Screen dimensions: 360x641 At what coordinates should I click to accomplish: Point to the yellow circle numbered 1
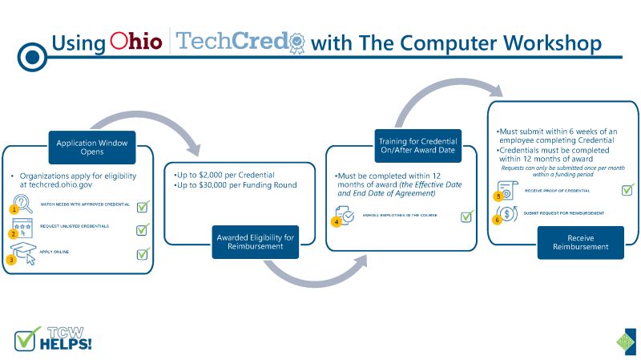coord(14,209)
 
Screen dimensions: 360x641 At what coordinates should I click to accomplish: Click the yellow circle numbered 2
coord(14,234)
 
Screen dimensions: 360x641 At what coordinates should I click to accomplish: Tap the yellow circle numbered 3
coord(11,259)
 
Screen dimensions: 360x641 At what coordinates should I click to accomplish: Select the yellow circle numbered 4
coord(337,221)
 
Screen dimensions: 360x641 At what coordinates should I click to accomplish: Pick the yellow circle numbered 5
coord(498,196)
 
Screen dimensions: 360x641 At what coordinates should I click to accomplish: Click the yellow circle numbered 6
coord(498,217)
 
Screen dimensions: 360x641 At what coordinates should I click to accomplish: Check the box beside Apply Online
coord(143,253)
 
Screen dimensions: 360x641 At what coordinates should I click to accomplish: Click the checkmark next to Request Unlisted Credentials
coord(143,229)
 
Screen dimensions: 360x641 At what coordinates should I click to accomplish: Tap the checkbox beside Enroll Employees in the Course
coord(466,216)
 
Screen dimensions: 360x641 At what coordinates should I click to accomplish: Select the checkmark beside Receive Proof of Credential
coord(627,190)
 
